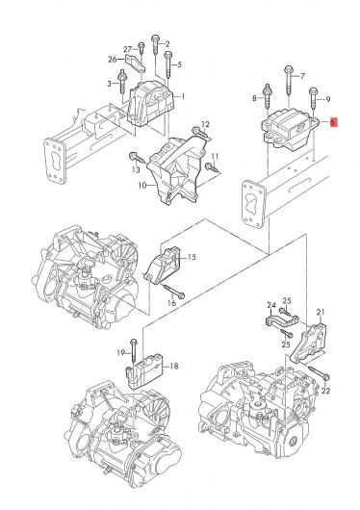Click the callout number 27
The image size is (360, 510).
(x=127, y=49)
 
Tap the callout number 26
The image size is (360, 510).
(x=113, y=60)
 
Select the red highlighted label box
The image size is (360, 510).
(x=334, y=122)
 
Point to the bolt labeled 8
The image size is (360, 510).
(x=267, y=96)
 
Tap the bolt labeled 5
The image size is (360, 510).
(x=167, y=64)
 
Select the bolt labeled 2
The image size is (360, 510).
(x=155, y=44)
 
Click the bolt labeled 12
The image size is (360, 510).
(x=199, y=132)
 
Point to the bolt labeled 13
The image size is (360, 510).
(x=137, y=158)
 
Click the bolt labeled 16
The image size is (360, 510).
(x=173, y=291)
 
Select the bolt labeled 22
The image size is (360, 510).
(x=319, y=372)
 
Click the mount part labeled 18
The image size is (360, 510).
(x=143, y=370)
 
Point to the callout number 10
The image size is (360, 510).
(x=142, y=186)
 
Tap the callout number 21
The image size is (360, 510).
(x=321, y=313)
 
